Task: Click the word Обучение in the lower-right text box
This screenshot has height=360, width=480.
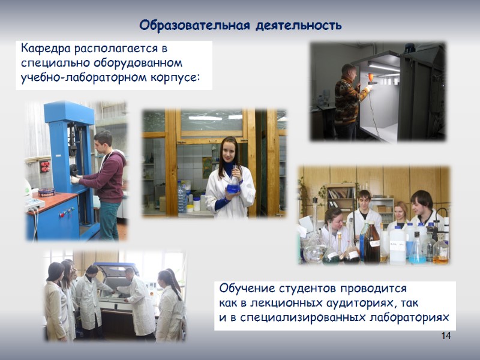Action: click(245, 288)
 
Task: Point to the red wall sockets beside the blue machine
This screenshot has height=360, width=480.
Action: click(44, 166)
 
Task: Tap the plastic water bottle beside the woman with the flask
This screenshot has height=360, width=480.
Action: click(182, 198)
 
